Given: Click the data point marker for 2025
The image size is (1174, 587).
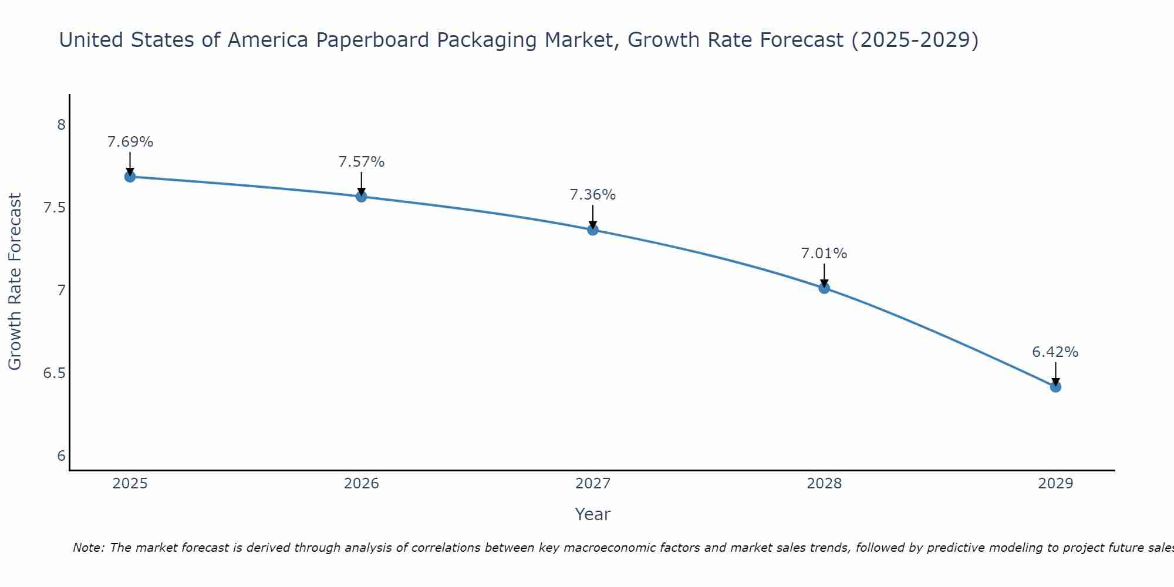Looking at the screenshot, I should [130, 177].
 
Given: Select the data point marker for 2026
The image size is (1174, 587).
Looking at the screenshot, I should [362, 197].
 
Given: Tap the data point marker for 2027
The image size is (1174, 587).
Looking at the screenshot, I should [593, 230].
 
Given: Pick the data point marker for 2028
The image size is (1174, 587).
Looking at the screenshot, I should [824, 288].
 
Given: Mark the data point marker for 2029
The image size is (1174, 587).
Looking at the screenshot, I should [1055, 387].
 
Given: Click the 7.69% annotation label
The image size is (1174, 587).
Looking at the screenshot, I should [130, 142].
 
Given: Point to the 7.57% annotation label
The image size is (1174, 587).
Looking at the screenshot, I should [362, 162].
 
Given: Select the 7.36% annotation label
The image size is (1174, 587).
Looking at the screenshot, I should [593, 195].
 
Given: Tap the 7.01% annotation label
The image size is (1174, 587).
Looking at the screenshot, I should [824, 254].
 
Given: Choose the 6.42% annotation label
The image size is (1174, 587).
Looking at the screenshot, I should [1055, 352].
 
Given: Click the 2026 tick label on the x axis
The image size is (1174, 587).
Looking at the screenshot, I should [362, 484].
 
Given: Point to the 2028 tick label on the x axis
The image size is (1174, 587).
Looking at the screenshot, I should [824, 484].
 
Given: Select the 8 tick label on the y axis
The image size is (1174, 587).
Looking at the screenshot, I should [61, 125].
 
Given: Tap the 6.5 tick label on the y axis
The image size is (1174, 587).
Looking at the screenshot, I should [55, 374].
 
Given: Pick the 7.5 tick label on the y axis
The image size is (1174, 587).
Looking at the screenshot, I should [55, 208].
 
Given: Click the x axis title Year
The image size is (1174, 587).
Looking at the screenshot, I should [593, 514].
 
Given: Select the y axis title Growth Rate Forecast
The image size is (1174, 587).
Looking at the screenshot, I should [15, 282].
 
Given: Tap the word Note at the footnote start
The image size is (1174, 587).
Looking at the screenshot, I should [88, 548].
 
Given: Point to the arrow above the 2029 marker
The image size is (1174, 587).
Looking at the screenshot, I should [1055, 373].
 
